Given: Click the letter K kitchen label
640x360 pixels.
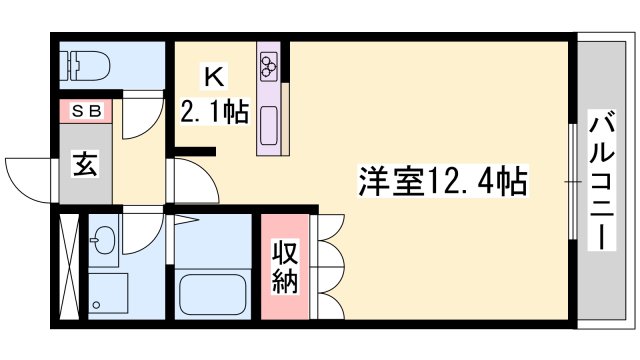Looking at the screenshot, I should coord(212,74).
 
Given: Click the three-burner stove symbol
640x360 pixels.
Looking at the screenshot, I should coord(269,66).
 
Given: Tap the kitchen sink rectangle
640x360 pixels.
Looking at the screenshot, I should coord(270,126).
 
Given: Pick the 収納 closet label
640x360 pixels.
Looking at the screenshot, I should coord(286,265).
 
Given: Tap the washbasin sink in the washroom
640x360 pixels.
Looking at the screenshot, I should coord(104,241).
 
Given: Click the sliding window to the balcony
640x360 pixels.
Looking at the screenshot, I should coord(573,180).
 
